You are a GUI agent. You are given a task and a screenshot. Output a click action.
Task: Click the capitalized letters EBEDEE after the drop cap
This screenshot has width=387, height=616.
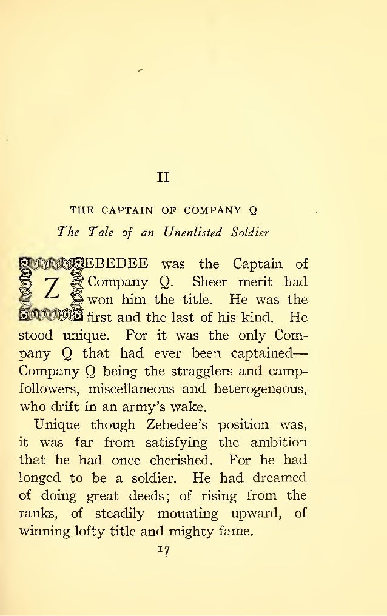tap(118, 264)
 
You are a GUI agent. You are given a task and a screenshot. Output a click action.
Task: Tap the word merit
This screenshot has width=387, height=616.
tap(255, 282)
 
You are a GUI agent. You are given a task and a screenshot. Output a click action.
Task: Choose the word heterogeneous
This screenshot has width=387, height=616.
tap(262, 387)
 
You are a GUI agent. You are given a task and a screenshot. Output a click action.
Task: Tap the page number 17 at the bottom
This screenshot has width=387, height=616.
tap(162, 551)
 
